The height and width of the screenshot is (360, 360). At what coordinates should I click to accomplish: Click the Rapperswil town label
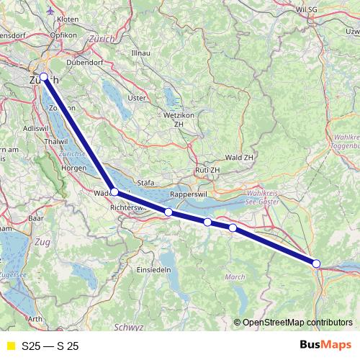(x=188, y=195)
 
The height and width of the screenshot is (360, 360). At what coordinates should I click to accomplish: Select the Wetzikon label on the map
(x=174, y=115)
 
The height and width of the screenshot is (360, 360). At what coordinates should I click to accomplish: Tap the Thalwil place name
(x=35, y=143)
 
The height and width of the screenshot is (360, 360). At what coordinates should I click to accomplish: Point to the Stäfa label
(x=145, y=184)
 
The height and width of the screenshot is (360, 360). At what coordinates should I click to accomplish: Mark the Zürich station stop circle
(x=43, y=76)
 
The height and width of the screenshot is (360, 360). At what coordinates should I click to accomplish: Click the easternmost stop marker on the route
(x=317, y=264)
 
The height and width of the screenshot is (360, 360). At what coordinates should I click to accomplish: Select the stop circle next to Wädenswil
(x=114, y=192)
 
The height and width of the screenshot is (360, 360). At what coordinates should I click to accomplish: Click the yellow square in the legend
(x=9, y=346)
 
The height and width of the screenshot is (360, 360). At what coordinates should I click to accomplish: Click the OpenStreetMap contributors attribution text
(x=297, y=323)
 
